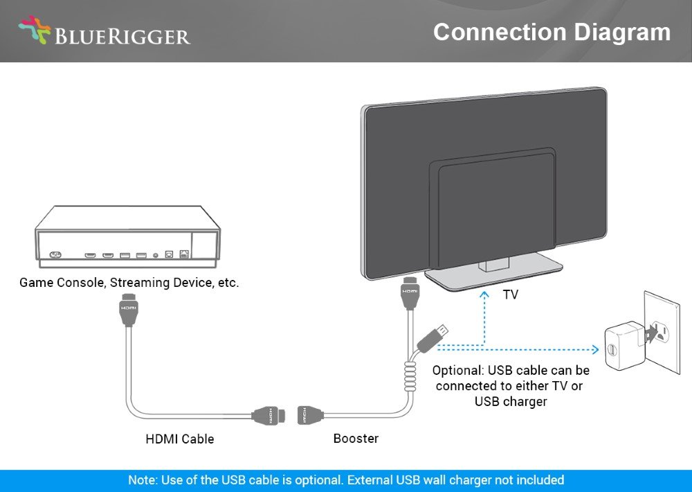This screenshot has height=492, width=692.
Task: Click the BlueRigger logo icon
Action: click(35, 32)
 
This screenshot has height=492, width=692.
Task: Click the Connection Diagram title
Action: click(552, 33)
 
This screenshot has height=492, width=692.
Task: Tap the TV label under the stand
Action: click(510, 295)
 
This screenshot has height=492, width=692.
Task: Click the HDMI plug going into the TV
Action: click(410, 294)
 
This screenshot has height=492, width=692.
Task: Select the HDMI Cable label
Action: click(180, 439)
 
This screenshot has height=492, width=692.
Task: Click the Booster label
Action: click(356, 438)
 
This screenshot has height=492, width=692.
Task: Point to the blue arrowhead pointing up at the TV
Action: click(484, 295)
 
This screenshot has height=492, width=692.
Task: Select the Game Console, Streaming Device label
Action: click(129, 283)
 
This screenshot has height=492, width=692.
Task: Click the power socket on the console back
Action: click(55, 254)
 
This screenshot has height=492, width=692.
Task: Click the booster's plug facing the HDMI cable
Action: click(309, 415)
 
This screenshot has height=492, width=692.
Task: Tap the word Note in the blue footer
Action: click(142, 480)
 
